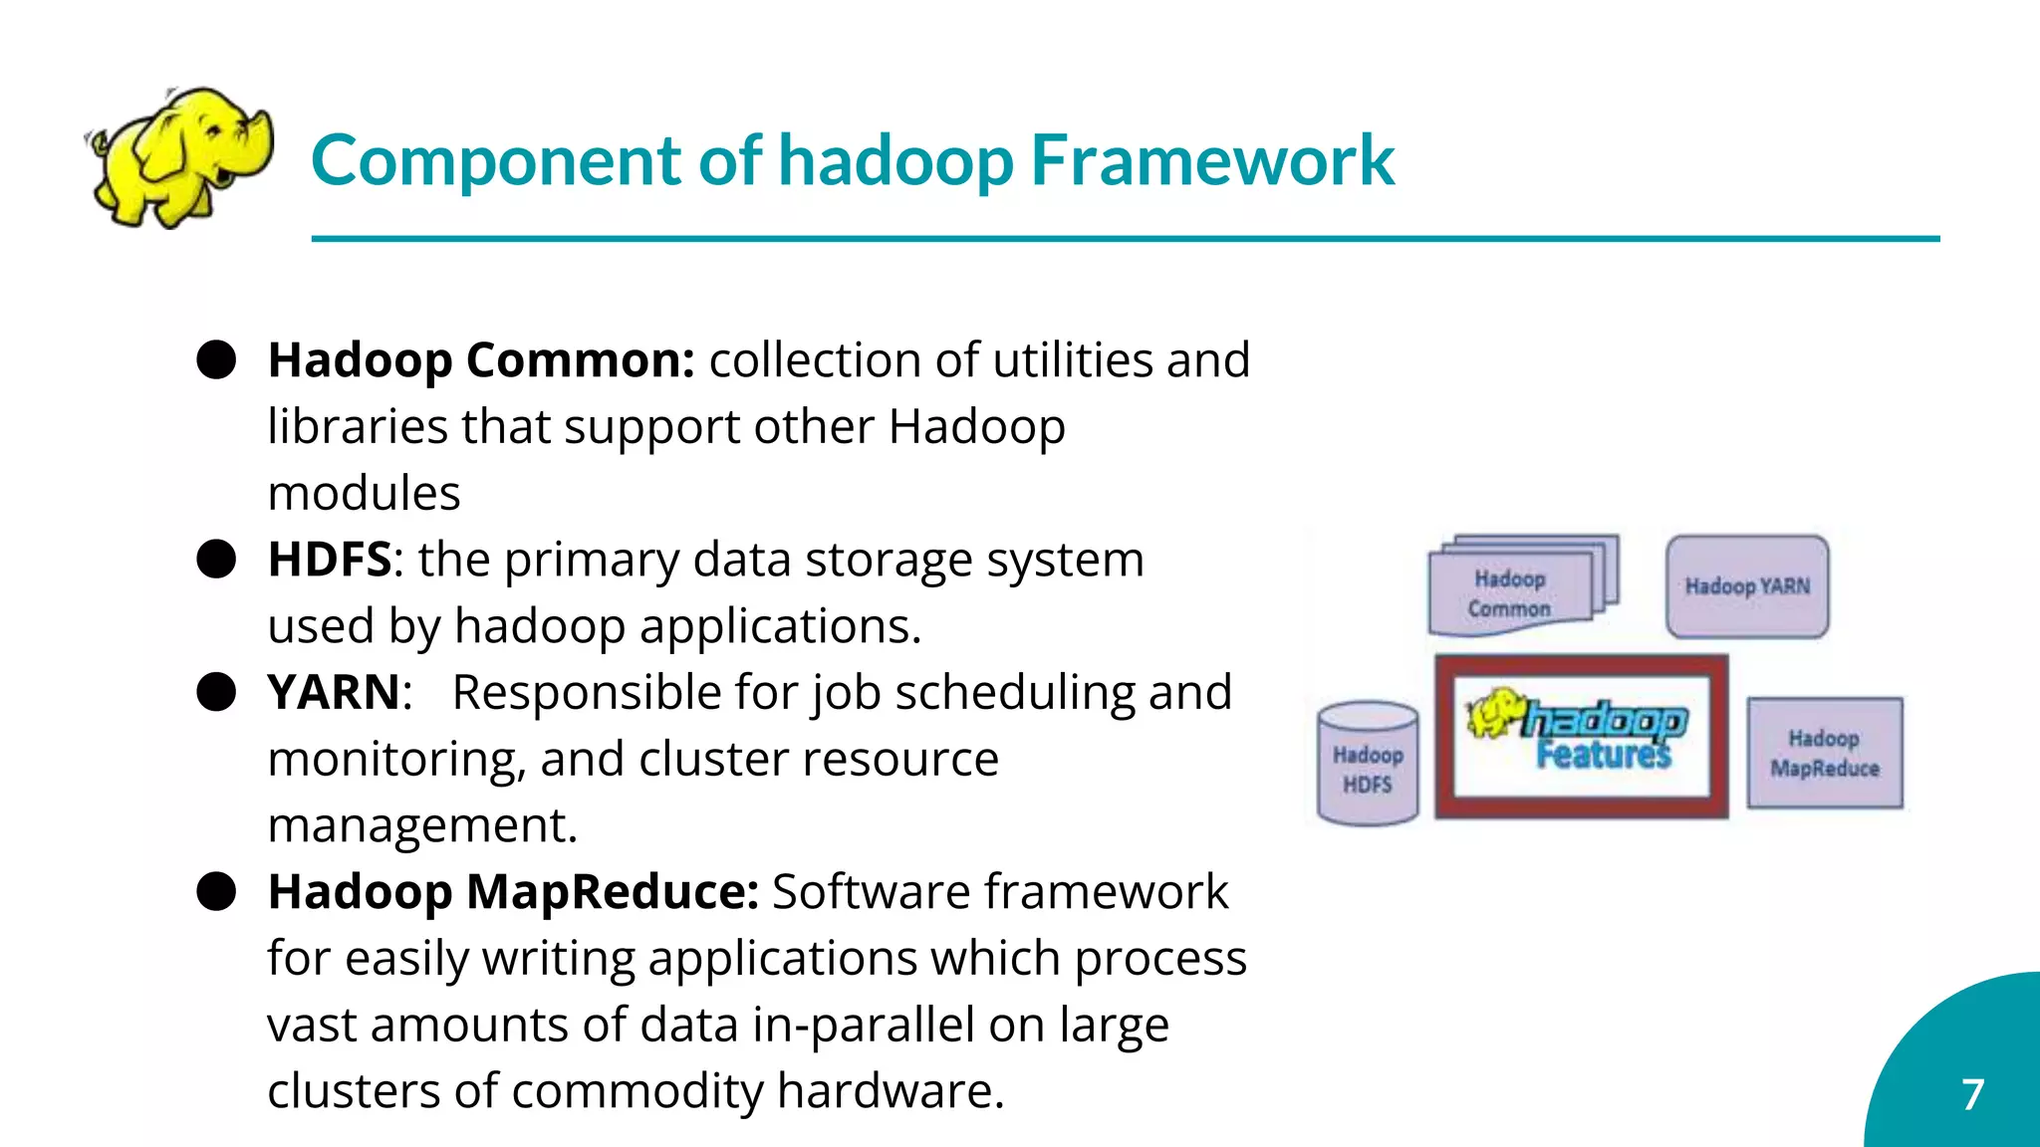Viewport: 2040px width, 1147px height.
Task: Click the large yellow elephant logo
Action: coord(179,156)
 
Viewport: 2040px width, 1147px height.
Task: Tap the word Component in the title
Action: coord(495,161)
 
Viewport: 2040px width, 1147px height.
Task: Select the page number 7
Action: coord(1972,1094)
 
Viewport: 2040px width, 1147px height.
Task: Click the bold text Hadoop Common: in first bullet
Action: coord(481,360)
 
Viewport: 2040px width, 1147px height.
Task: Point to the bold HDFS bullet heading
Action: coord(329,560)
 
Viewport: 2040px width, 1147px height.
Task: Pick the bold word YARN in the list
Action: coord(334,692)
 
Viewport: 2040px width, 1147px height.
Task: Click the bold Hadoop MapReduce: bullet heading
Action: coord(513,891)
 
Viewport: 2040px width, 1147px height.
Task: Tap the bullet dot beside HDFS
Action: coord(216,560)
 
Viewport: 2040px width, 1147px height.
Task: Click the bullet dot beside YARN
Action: coord(216,692)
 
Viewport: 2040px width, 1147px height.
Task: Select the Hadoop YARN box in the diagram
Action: coord(1747,586)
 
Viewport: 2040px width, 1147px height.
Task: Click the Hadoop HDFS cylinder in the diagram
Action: coord(1368,765)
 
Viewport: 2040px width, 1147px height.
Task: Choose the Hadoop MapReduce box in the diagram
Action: coord(1825,753)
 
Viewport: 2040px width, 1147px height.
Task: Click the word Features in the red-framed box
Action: coord(1603,756)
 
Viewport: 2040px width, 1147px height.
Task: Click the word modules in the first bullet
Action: coord(364,494)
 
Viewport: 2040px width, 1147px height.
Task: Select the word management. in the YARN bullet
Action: coord(422,825)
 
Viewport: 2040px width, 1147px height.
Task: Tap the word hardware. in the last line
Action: coord(891,1091)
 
